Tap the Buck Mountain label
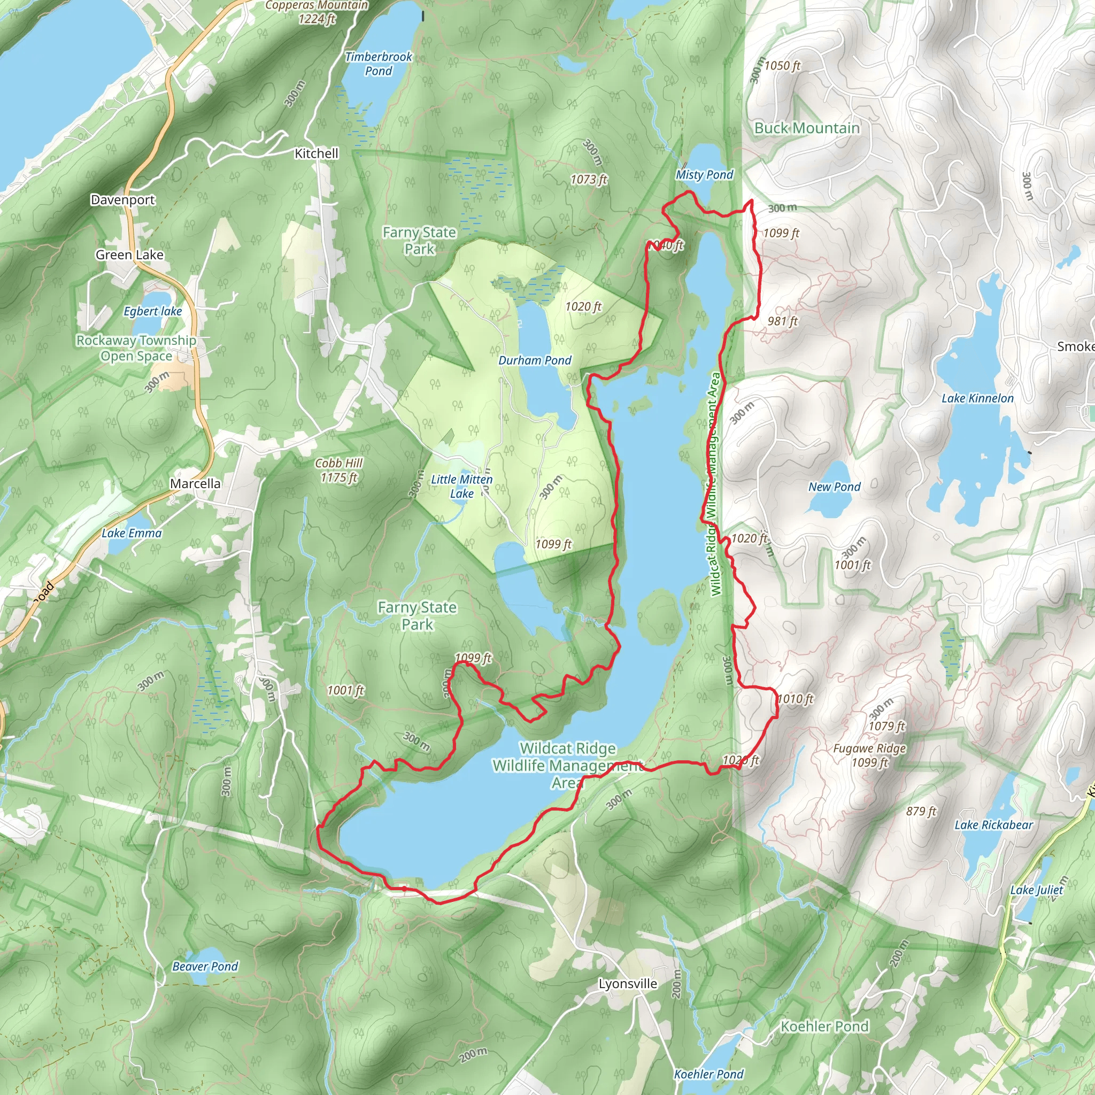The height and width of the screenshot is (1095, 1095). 806,128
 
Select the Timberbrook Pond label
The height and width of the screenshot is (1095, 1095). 379,64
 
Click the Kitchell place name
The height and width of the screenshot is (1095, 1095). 317,153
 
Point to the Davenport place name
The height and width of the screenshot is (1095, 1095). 122,199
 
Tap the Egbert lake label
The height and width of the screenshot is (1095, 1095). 152,311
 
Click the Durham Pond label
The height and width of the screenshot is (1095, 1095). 535,360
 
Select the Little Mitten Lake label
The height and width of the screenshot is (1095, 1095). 461,487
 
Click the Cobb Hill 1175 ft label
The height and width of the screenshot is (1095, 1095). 339,470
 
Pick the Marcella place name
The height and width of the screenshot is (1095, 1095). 195,483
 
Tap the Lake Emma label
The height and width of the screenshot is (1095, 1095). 132,533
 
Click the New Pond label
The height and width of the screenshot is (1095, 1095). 834,487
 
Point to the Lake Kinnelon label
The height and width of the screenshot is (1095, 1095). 977,398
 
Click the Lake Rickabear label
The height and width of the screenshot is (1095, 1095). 993,824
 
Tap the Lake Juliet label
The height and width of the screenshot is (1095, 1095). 1036,890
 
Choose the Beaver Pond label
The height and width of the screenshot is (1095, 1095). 205,966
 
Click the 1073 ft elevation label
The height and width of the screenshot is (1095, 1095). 588,180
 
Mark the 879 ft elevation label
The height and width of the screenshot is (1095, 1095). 921,811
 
